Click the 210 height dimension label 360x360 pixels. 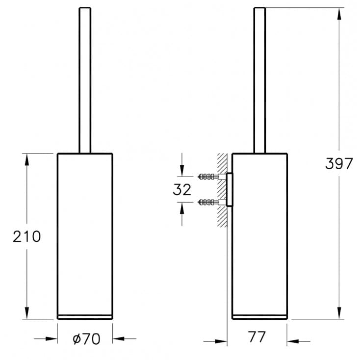(x=27, y=236)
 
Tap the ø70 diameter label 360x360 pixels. (x=86, y=338)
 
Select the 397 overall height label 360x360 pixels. (x=339, y=163)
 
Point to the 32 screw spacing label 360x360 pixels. (x=182, y=190)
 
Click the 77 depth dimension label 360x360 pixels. (x=257, y=337)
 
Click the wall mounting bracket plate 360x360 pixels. (x=230, y=190)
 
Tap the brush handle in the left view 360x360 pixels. (x=85, y=80)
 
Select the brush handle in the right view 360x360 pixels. (x=259, y=80)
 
